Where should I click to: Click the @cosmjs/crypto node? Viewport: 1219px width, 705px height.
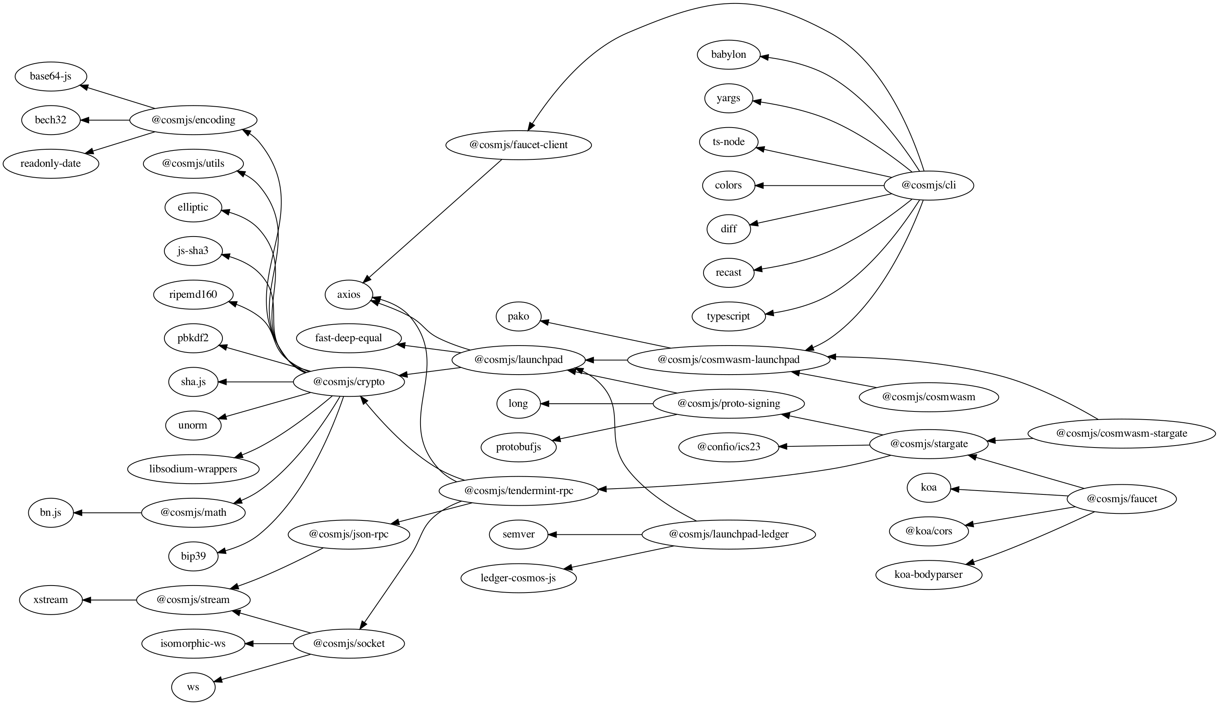[349, 382]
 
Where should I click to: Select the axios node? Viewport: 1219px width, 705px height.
[349, 294]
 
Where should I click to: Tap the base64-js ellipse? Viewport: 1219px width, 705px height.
[51, 76]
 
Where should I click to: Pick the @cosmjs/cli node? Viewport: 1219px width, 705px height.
[928, 185]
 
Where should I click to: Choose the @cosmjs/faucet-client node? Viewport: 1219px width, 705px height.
[519, 145]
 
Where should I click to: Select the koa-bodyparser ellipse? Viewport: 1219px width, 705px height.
[928, 575]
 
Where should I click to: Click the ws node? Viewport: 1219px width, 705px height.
[193, 687]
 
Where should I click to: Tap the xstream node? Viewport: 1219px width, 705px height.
[51, 600]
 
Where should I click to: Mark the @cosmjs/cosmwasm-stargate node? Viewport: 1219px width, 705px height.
[1121, 434]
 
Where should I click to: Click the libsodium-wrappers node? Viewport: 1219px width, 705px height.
[193, 469]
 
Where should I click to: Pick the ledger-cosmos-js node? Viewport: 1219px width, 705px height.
[519, 578]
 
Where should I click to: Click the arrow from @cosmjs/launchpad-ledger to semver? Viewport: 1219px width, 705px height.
[595, 535]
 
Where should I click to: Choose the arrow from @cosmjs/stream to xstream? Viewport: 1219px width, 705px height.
[109, 600]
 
